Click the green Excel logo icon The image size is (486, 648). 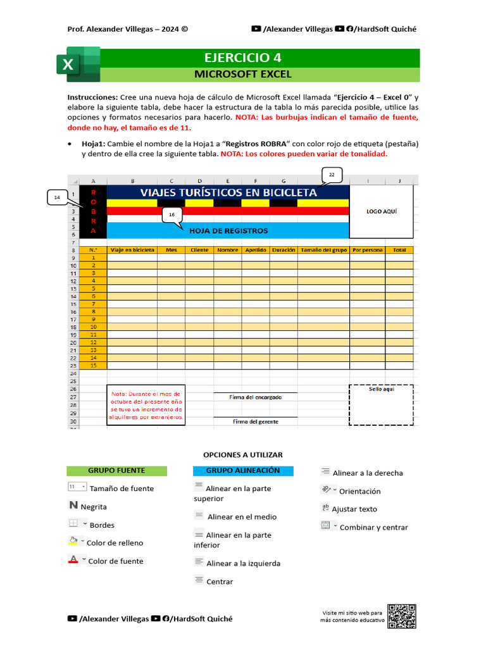[78, 64]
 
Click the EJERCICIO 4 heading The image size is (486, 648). [242, 58]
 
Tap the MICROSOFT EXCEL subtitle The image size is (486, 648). [242, 74]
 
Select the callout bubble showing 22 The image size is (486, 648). [331, 175]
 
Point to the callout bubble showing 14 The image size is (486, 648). [57, 198]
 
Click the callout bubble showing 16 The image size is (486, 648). [171, 215]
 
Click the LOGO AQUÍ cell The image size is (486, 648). [382, 211]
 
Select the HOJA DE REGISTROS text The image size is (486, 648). [228, 231]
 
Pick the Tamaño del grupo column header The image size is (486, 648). [323, 250]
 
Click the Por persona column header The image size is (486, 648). [368, 250]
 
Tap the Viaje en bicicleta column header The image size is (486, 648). [132, 250]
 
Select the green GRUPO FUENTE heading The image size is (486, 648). [116, 470]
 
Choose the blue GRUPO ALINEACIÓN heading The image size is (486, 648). [243, 470]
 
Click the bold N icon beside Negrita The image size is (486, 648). [73, 506]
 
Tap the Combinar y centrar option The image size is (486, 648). [373, 527]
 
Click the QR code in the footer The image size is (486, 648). [402, 616]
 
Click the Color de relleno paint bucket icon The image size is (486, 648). [73, 541]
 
